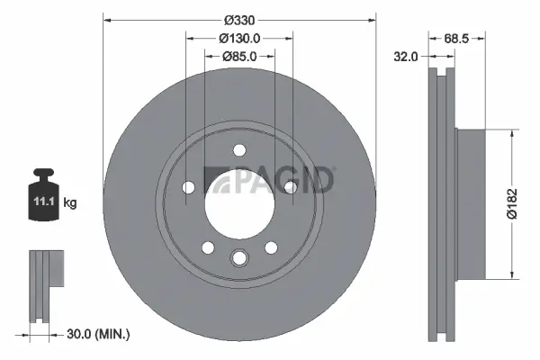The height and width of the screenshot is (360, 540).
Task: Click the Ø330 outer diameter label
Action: tap(238, 19)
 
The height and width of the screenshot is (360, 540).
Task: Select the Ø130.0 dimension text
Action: tap(238, 38)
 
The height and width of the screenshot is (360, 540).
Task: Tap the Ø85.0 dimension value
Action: tap(238, 56)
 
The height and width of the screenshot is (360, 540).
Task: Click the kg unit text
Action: tap(70, 202)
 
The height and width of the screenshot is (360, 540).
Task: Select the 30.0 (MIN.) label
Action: tap(98, 334)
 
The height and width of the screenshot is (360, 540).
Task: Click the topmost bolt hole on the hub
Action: tap(238, 151)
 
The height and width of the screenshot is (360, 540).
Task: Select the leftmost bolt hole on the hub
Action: tap(188, 187)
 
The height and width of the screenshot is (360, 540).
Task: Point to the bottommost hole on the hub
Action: tap(238, 258)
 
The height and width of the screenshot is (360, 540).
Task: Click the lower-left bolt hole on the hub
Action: tap(208, 247)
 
